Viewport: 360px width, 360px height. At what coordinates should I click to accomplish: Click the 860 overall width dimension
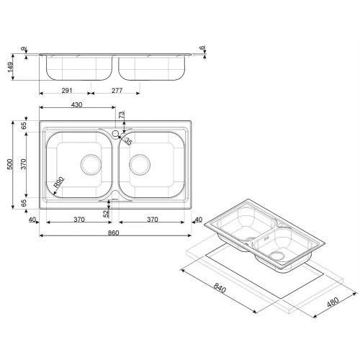pyautogui.click(x=113, y=233)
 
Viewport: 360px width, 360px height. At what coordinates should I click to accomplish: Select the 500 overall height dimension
pyautogui.click(x=10, y=164)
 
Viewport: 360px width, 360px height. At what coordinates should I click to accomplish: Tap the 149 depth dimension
pyautogui.click(x=10, y=68)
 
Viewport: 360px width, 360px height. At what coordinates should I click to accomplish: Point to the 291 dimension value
pyautogui.click(x=67, y=91)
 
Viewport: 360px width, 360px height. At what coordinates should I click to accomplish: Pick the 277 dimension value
pyautogui.click(x=117, y=91)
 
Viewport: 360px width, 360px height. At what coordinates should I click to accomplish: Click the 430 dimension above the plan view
pyautogui.click(x=77, y=104)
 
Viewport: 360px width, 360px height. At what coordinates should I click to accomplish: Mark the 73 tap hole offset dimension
pyautogui.click(x=122, y=114)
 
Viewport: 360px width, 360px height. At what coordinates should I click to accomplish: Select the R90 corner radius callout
pyautogui.click(x=58, y=182)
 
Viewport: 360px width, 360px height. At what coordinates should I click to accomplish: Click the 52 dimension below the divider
pyautogui.click(x=106, y=213)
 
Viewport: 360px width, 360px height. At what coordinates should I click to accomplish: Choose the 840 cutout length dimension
pyautogui.click(x=220, y=288)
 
